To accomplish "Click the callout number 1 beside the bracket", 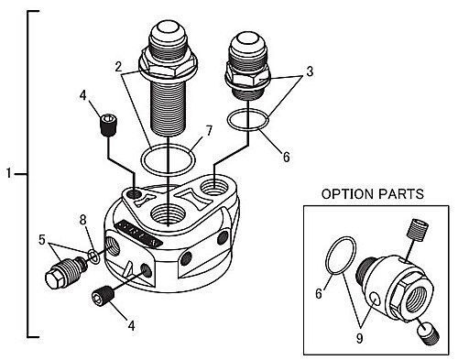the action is [9, 174].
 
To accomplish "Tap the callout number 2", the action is [118, 67].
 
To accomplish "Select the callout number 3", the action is [310, 71].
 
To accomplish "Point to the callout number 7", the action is [209, 131].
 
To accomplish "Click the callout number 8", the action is [83, 220].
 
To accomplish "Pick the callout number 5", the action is [42, 240].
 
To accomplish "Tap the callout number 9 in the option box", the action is [360, 338].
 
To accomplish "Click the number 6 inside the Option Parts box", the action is [319, 294].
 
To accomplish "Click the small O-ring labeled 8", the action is [93, 256].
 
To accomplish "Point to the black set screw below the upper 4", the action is [109, 125].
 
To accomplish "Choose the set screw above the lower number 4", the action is [103, 296].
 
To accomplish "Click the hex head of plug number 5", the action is [54, 278].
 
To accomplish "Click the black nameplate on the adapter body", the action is [140, 233].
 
